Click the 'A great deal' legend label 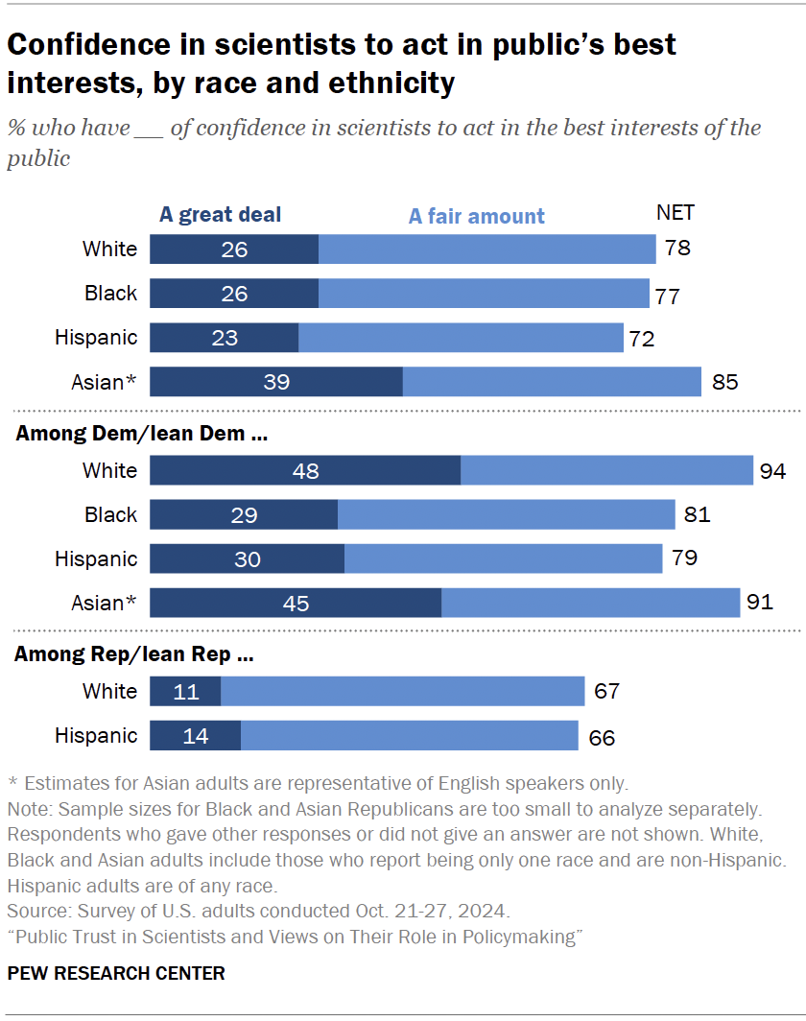click(x=220, y=214)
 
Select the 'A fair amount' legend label click(x=476, y=216)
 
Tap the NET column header click(x=675, y=212)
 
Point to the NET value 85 click(x=724, y=382)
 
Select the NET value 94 click(x=772, y=471)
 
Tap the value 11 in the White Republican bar click(x=185, y=692)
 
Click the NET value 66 click(x=601, y=737)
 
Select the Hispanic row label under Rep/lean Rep click(x=96, y=736)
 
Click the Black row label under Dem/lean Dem click(x=110, y=515)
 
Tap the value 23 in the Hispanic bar click(x=224, y=338)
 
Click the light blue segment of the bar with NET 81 click(x=506, y=515)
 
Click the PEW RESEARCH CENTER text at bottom click(x=116, y=973)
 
